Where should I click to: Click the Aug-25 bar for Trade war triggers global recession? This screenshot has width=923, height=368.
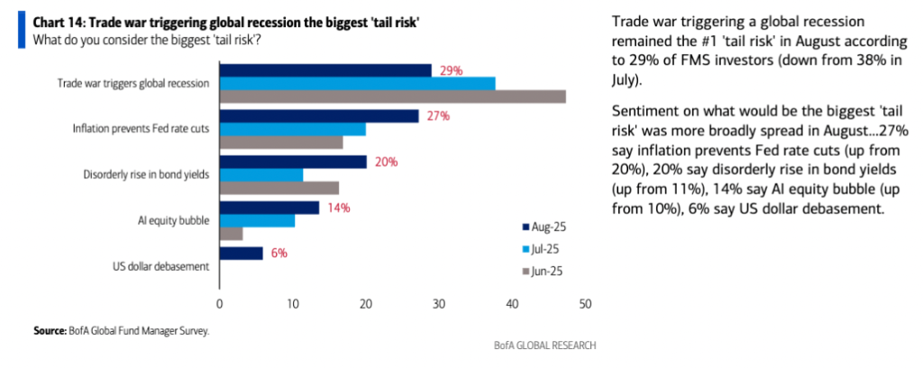(325, 69)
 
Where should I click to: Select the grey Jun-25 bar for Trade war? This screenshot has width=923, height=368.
(392, 96)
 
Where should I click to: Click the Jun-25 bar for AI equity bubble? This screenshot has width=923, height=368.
(231, 234)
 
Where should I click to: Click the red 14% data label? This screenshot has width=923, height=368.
(339, 207)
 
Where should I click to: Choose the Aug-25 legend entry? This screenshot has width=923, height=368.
(544, 227)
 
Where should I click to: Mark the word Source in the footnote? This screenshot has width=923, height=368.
(50, 331)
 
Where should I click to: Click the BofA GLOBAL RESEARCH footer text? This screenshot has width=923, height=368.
(544, 346)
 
